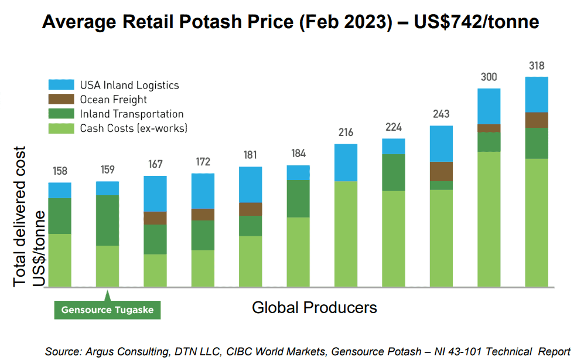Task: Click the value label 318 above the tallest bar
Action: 537,66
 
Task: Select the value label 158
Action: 60,171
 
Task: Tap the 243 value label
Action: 441,114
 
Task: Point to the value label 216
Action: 346,133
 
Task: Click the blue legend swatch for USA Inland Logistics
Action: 61,85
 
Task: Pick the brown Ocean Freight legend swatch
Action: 61,100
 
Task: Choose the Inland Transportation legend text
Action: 132,114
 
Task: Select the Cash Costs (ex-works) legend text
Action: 134,128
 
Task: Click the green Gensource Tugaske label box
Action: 107,310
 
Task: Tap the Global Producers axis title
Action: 314,307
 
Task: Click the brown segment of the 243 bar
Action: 441,171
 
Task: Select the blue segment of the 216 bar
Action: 346,162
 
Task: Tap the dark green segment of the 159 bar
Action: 107,220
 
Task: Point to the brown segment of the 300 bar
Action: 489,128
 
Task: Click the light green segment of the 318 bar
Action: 537,223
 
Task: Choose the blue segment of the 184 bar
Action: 298,172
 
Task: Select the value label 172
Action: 203,162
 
